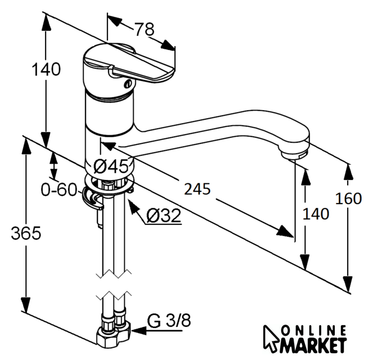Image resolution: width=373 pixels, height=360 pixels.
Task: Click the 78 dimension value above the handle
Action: pyautogui.click(x=144, y=29)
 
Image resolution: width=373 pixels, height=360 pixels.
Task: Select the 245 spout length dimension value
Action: pyautogui.click(x=196, y=189)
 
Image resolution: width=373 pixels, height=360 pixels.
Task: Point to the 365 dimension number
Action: pyautogui.click(x=25, y=233)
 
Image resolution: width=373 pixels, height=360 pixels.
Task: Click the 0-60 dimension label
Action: pyautogui.click(x=59, y=190)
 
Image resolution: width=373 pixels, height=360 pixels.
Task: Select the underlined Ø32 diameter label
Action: pyautogui.click(x=164, y=215)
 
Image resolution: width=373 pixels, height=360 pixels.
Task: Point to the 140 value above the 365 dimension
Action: pyautogui.click(x=46, y=70)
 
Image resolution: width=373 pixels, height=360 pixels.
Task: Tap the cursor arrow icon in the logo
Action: pyautogui.click(x=272, y=337)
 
